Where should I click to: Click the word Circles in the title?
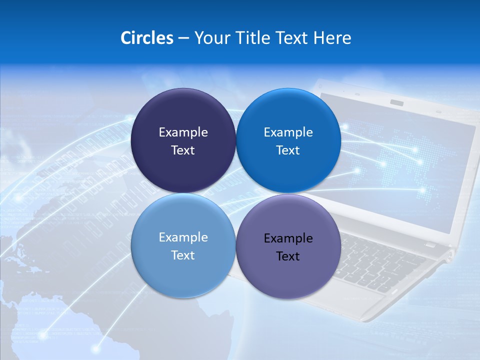click(146, 38)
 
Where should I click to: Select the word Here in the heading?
click(332, 38)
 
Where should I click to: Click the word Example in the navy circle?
click(183, 132)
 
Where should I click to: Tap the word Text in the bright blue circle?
click(288, 150)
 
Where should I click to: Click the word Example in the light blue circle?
click(183, 237)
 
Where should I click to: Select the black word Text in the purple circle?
click(288, 256)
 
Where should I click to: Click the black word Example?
click(288, 238)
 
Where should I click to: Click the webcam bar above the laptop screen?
click(397, 102)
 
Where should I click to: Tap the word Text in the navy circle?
click(183, 150)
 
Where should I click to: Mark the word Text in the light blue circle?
click(183, 255)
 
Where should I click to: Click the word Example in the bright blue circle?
click(288, 132)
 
